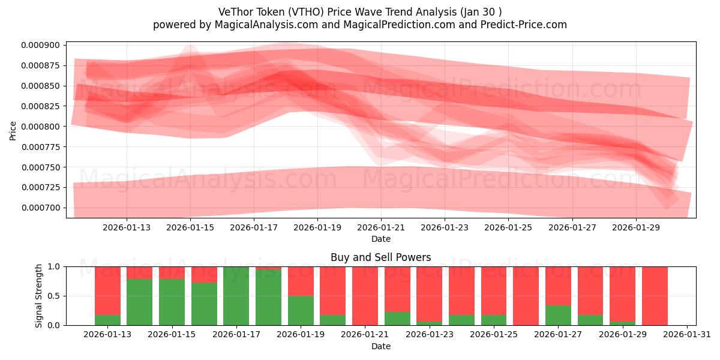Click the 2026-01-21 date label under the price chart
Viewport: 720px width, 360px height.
[x=381, y=228]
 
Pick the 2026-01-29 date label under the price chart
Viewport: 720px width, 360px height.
[x=636, y=228]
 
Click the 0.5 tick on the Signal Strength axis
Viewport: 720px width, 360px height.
[x=54, y=296]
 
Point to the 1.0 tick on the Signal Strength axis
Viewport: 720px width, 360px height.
[x=54, y=266]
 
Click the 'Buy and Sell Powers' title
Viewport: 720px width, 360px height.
[x=380, y=257]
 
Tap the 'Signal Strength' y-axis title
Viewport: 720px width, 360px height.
[x=39, y=296]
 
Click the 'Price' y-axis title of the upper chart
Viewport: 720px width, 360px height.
[x=13, y=130]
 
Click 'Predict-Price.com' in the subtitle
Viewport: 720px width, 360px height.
[x=526, y=25]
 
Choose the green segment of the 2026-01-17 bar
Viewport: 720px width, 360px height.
[x=236, y=296]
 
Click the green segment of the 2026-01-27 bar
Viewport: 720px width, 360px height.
[x=558, y=316]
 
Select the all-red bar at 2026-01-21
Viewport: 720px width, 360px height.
[x=365, y=296]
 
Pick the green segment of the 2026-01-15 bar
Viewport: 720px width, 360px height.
[x=172, y=302]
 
